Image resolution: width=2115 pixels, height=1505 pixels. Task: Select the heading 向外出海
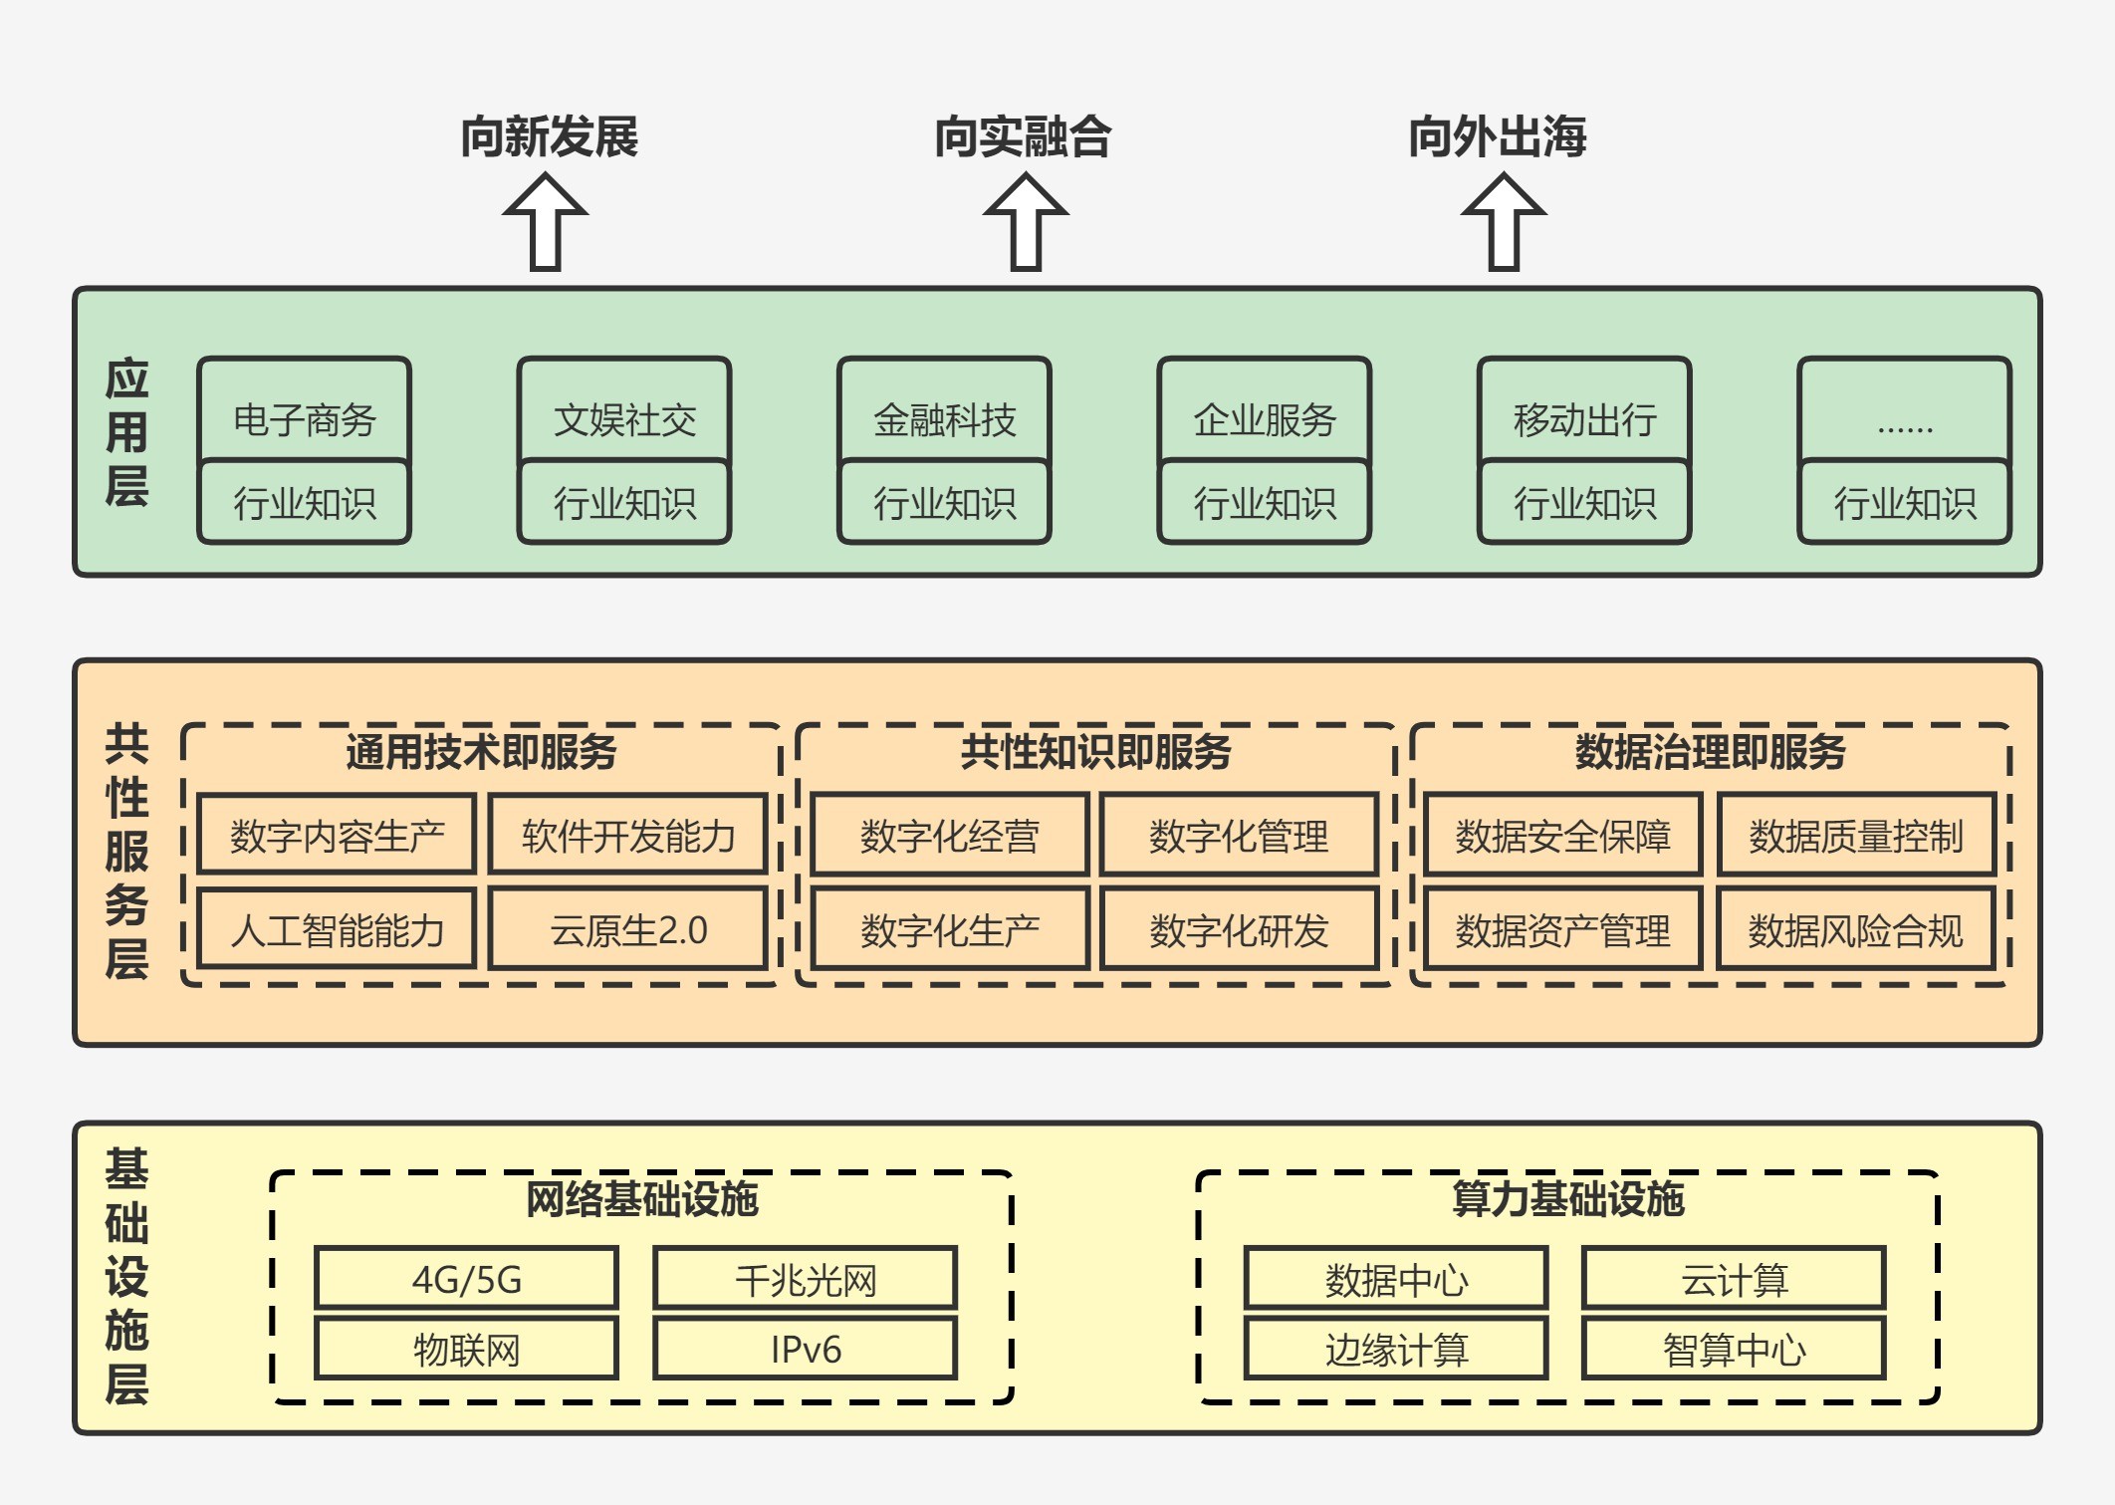pyautogui.click(x=1497, y=136)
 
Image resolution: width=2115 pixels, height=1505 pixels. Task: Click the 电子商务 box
pyautogui.click(x=305, y=411)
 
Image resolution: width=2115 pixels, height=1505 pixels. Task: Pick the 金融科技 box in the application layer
pyautogui.click(x=945, y=411)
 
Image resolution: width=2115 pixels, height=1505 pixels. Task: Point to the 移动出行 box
pyautogui.click(x=1585, y=411)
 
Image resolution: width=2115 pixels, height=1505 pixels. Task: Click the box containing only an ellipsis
pyautogui.click(x=1905, y=411)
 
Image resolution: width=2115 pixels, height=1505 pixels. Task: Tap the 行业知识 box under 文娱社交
pyautogui.click(x=625, y=502)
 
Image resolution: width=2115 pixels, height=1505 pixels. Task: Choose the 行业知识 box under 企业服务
pyautogui.click(x=1265, y=502)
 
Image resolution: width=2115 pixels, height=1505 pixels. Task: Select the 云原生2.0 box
pyautogui.click(x=628, y=929)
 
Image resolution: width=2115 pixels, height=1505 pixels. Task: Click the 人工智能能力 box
pyautogui.click(x=337, y=929)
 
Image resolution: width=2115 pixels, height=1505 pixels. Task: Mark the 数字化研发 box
pyautogui.click(x=1240, y=929)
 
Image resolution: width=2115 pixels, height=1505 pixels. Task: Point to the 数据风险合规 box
pyautogui.click(x=1857, y=929)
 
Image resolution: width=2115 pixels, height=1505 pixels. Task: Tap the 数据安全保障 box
pyautogui.click(x=1563, y=835)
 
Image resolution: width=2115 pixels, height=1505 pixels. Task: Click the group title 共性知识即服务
pyautogui.click(x=1095, y=752)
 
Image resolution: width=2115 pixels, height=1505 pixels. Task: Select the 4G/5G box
pyautogui.click(x=467, y=1279)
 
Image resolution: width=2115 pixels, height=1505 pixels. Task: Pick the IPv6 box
pyautogui.click(x=806, y=1349)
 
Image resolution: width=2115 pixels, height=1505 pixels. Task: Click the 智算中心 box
pyautogui.click(x=1735, y=1349)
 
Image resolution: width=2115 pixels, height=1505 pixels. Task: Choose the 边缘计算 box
pyautogui.click(x=1396, y=1349)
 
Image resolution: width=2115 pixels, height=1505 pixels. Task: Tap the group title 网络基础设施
pyautogui.click(x=642, y=1198)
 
